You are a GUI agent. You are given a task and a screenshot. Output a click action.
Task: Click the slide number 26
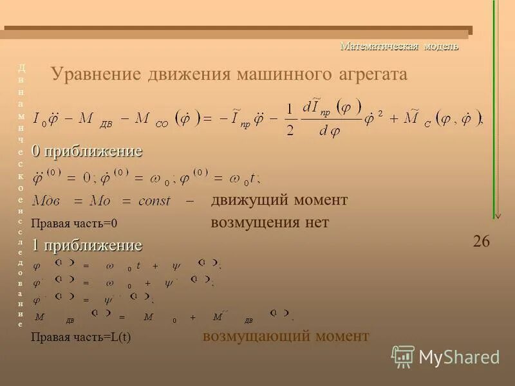pos(481,241)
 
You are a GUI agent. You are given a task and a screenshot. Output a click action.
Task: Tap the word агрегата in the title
pos(373,74)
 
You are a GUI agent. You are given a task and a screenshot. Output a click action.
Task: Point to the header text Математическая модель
pos(399,46)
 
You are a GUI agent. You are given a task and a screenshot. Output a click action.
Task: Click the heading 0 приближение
pos(87,151)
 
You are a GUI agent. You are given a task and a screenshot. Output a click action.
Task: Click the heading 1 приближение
pos(87,245)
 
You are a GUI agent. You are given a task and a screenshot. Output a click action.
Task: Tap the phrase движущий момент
pos(279,200)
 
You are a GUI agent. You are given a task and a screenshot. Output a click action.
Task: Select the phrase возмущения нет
pos(270,223)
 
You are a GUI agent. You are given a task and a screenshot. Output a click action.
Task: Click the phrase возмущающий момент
pos(286,336)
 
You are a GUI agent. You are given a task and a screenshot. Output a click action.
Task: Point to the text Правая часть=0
pos(75,224)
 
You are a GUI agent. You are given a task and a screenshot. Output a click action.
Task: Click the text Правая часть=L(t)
pos(80,337)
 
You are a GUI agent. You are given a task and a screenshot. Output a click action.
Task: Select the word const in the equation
pos(154,201)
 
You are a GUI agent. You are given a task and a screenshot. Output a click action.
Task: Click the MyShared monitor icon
pos(403,356)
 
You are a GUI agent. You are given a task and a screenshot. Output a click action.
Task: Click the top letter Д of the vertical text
pos(21,67)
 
